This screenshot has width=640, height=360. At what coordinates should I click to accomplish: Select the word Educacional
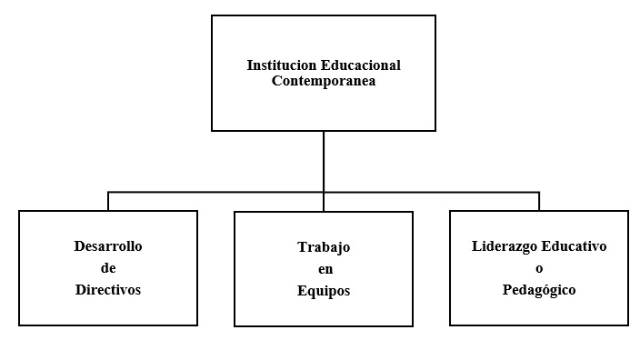[x=359, y=65]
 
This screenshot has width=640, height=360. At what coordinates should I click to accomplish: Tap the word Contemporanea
[x=324, y=80]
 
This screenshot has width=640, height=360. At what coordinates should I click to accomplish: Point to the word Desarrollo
[x=108, y=246]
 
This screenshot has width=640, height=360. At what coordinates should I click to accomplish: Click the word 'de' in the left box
[x=108, y=268]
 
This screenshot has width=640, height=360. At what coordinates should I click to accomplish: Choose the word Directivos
[x=108, y=290]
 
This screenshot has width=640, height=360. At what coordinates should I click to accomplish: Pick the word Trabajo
[x=324, y=247]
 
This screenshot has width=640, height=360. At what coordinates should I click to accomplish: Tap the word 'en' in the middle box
[x=324, y=269]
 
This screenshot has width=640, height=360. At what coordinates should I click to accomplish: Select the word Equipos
[x=324, y=291]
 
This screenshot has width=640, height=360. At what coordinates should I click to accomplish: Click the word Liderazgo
[x=505, y=246]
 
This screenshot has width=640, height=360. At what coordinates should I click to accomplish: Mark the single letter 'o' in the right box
[x=539, y=268]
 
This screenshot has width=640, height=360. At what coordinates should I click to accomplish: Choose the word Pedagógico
[x=539, y=290]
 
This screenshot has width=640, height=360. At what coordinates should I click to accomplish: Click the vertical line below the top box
[x=324, y=162]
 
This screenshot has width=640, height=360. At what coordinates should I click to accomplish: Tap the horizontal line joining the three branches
[x=218, y=193]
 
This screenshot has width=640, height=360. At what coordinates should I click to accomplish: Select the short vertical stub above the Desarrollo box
[x=108, y=202]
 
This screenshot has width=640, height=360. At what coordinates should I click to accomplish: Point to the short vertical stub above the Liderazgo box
[x=539, y=202]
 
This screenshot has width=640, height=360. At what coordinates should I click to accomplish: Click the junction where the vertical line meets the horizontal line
[x=324, y=193]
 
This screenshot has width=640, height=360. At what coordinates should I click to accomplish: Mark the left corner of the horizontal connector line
[x=108, y=193]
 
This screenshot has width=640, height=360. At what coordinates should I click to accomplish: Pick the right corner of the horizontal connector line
[x=539, y=193]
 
